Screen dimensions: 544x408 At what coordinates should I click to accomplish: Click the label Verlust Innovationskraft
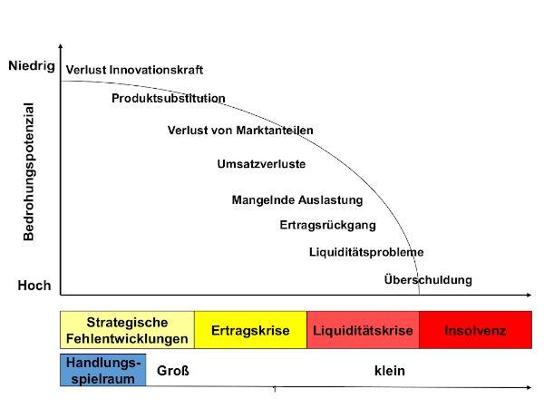click(x=134, y=70)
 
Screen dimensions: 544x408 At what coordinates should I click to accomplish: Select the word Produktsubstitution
click(x=169, y=98)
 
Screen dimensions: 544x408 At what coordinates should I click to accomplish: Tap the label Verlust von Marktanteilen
click(x=240, y=130)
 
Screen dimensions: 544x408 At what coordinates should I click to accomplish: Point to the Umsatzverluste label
click(x=261, y=164)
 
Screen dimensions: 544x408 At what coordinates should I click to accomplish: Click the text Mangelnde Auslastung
click(x=297, y=200)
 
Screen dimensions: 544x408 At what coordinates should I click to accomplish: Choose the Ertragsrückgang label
click(x=328, y=225)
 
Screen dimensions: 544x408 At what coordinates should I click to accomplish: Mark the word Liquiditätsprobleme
click(x=366, y=252)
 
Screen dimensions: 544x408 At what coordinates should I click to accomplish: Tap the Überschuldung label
click(x=428, y=279)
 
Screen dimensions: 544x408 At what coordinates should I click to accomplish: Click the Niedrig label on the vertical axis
click(x=32, y=65)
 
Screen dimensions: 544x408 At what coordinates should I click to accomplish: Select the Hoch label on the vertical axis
click(x=34, y=286)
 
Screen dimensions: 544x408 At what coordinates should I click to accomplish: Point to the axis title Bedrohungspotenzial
click(x=28, y=171)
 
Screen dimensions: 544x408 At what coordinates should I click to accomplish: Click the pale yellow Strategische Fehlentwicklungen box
click(x=127, y=330)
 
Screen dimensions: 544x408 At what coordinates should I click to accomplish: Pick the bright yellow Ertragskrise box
click(x=250, y=330)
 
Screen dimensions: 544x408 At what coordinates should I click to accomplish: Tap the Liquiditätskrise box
click(x=363, y=330)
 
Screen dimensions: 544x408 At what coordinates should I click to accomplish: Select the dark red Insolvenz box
click(x=475, y=330)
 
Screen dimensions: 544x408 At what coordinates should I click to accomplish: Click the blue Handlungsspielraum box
click(x=103, y=370)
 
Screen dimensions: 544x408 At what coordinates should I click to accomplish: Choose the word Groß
click(x=173, y=371)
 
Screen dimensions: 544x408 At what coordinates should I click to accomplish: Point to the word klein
click(x=390, y=371)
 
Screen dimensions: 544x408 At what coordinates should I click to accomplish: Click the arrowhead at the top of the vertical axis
click(x=61, y=45)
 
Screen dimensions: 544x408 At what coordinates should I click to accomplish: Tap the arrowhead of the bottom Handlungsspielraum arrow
click(x=529, y=387)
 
